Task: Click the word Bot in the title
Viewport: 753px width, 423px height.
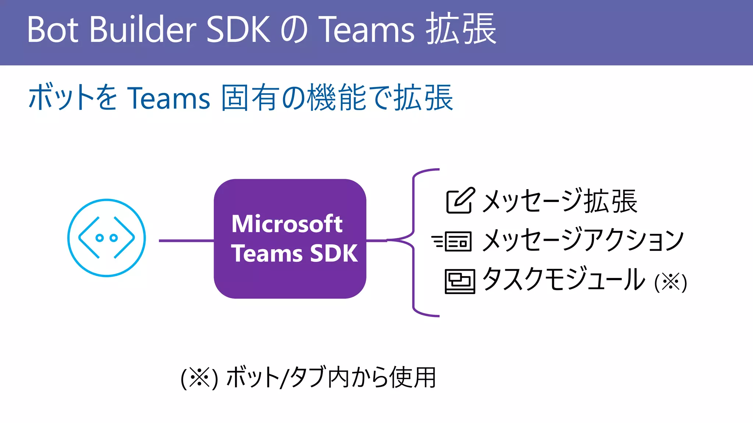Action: (x=53, y=29)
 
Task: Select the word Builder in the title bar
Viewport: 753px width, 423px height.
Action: (x=143, y=29)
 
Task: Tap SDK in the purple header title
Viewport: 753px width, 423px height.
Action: (x=238, y=29)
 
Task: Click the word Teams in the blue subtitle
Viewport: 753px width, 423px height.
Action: (x=168, y=98)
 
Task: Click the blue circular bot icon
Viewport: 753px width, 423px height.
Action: (x=107, y=238)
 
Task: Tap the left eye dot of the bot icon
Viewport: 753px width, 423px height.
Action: (x=99, y=238)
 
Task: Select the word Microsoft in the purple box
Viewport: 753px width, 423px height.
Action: (x=287, y=224)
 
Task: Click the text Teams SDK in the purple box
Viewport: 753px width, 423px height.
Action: (x=294, y=253)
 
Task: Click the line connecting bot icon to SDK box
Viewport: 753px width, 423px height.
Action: (x=186, y=241)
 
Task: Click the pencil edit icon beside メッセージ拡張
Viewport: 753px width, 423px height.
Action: (x=460, y=200)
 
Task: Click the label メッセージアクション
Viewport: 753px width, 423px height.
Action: (x=583, y=240)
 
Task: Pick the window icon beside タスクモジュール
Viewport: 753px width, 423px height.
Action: (x=460, y=281)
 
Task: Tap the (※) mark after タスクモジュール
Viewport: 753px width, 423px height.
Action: (x=671, y=283)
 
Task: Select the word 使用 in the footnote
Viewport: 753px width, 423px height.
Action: (x=413, y=377)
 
